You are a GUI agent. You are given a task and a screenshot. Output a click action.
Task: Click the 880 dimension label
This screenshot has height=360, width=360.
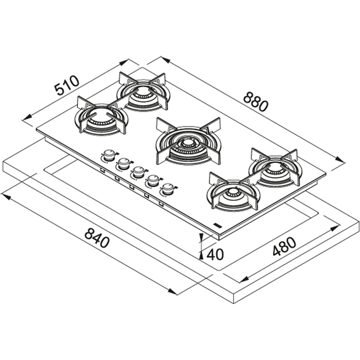pyautogui.click(x=256, y=101)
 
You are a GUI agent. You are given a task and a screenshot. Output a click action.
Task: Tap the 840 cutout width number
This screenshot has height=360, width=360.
pyautogui.click(x=97, y=238)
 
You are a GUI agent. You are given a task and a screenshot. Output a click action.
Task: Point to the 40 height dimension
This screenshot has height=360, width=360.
pyautogui.click(x=215, y=255)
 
